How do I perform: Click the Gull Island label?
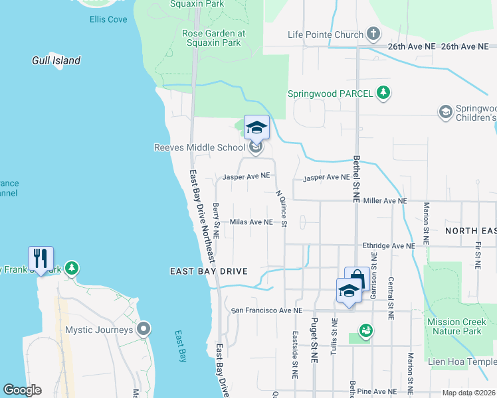[x=56, y=60]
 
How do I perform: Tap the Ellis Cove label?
[x=108, y=19]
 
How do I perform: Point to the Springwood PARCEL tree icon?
[x=383, y=94]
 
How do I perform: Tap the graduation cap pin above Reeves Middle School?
[x=256, y=127]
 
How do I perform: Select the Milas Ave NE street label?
[x=250, y=222]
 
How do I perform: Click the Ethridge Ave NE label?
[x=388, y=245]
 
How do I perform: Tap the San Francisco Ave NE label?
[x=266, y=310]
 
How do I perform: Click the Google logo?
[x=22, y=390]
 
